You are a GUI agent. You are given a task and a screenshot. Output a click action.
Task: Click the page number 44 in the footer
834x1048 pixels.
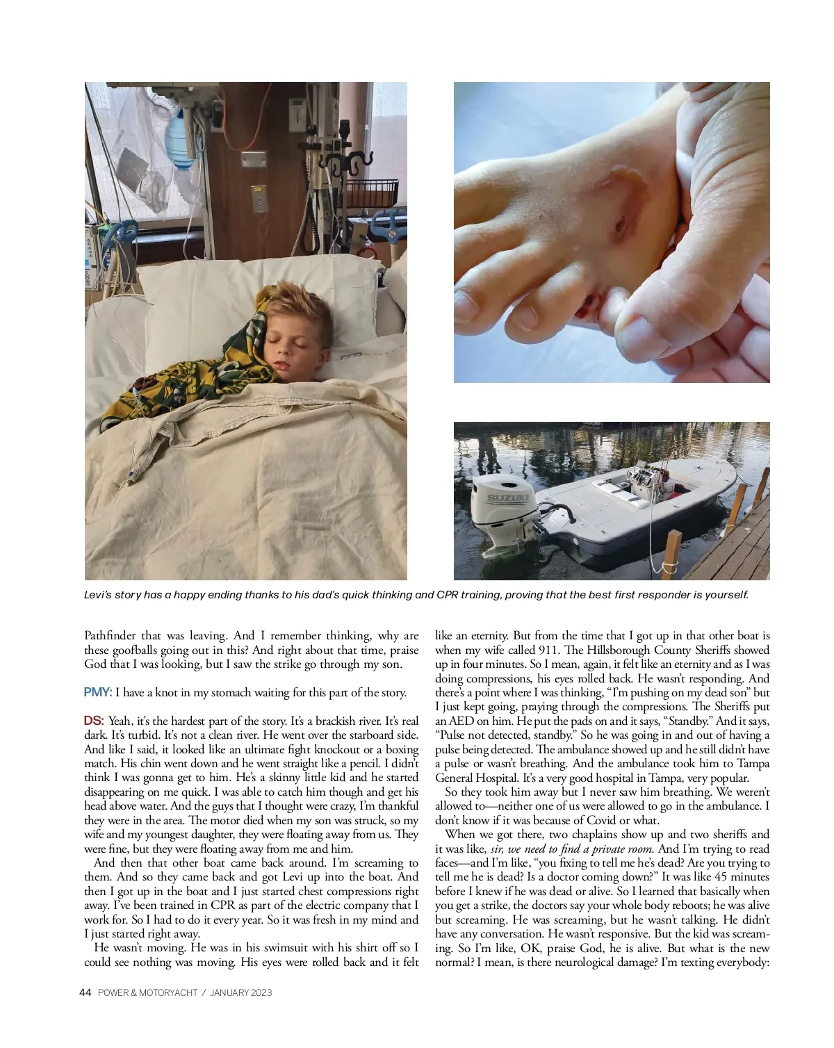point(85,992)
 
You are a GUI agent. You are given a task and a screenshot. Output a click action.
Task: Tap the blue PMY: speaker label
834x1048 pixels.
point(97,692)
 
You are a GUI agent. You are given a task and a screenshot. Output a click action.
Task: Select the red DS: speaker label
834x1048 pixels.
point(94,721)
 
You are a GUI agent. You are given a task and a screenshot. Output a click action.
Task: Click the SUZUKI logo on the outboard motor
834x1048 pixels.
point(507,499)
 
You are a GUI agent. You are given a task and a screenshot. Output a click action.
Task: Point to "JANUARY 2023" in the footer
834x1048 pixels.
point(240,992)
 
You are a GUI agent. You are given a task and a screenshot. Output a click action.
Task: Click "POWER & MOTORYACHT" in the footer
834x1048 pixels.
point(147,992)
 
